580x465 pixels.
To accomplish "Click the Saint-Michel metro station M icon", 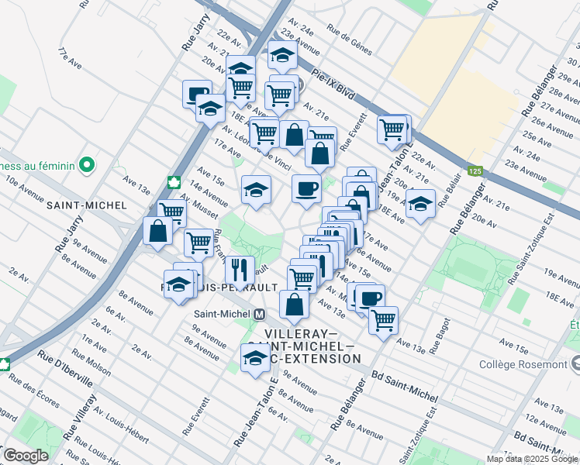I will coord(260,315).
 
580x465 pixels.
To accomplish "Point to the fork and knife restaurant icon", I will coord(240,268).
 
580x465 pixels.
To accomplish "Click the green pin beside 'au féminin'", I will coord(87,164).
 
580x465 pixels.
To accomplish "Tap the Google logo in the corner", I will coord(26,456).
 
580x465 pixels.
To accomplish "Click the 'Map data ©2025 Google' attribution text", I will coord(532,459).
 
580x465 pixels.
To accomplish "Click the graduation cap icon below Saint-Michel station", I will coord(254,358).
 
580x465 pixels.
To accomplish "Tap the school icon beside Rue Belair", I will coord(420,205).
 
